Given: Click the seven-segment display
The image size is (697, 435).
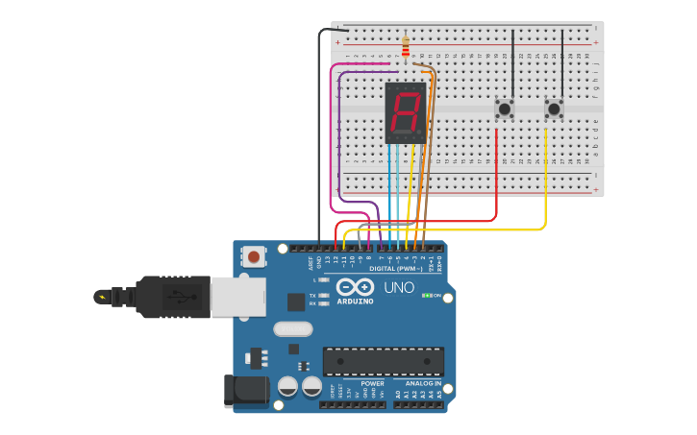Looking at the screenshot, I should coord(405,113).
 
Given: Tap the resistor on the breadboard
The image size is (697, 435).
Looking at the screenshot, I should coord(406,47).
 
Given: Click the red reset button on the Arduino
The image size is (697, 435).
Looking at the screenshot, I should coord(254,256).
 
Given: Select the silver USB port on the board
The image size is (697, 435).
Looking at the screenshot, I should coord(237,297).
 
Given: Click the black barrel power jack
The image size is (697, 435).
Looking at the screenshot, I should coord(246,389).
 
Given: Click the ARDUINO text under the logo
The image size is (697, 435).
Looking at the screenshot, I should coord(356,302).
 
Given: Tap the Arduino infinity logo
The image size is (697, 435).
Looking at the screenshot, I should coord(355,287).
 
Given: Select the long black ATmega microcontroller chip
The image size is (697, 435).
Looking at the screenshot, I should coord(383,361).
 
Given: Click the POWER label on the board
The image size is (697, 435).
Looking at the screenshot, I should coord(373,383).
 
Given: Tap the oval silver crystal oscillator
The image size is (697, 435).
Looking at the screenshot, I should coord(292,329).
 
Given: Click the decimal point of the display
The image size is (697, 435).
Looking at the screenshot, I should coord(420,133).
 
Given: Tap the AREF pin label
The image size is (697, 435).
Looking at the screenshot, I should coord(311,261).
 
